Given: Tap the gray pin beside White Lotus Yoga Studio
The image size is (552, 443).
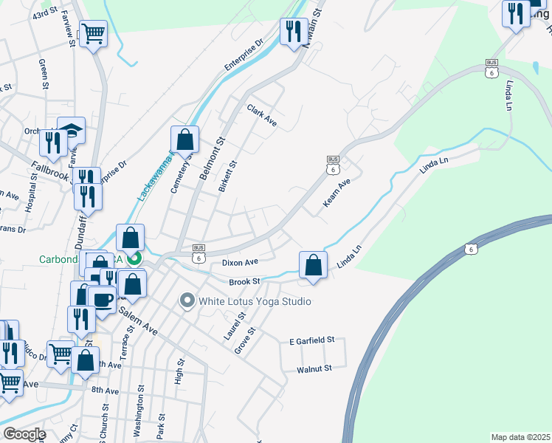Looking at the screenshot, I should [x=187, y=301].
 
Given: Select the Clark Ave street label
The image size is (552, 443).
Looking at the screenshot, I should [x=262, y=115].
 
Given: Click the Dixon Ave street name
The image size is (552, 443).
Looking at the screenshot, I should [x=240, y=262].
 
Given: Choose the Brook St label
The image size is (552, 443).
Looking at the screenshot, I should [x=245, y=281].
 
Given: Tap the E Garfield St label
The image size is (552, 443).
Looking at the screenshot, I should [x=312, y=340].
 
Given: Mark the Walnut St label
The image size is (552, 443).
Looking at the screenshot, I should [x=314, y=367].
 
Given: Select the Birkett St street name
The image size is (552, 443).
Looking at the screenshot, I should [x=228, y=177].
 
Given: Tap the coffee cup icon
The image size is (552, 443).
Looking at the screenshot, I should [x=101, y=299].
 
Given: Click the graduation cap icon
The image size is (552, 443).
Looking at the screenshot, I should [x=71, y=129].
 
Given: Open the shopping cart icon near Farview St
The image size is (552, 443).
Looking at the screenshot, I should [x=94, y=32].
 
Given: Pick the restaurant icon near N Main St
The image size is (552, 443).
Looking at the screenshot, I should [x=294, y=31].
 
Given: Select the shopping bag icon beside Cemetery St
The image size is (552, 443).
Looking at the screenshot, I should [x=184, y=138].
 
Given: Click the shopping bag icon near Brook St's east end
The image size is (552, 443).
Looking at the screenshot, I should [x=313, y=264].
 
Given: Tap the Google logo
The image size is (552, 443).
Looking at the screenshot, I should [x=24, y=434].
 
